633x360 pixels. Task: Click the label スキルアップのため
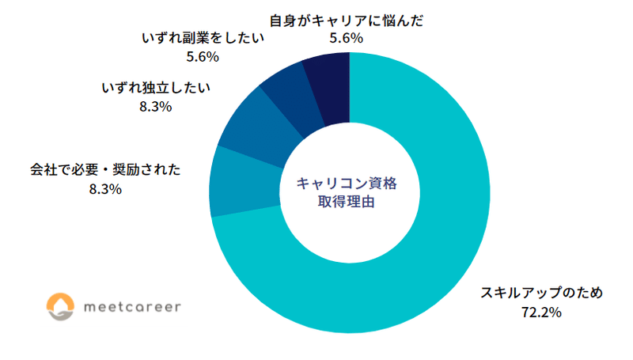pyautogui.click(x=543, y=293)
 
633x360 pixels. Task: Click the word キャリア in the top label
pyautogui.click(x=348, y=19)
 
